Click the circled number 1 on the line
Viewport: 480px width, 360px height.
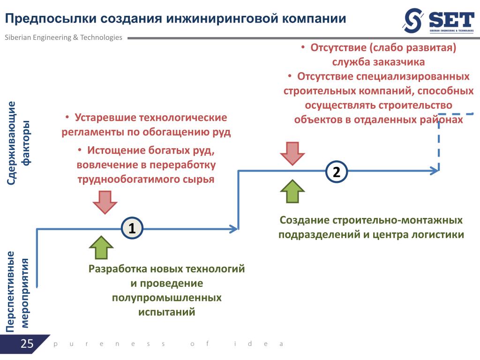[132, 228]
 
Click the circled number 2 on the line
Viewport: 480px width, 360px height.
[337, 172]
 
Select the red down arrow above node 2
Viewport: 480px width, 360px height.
[292, 153]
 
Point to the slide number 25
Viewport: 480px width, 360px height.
[27, 344]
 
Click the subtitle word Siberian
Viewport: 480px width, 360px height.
[18, 37]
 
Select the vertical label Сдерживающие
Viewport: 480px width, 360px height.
[12, 142]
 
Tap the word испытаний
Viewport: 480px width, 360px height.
[166, 312]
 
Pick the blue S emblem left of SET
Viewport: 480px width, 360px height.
[414, 21]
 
